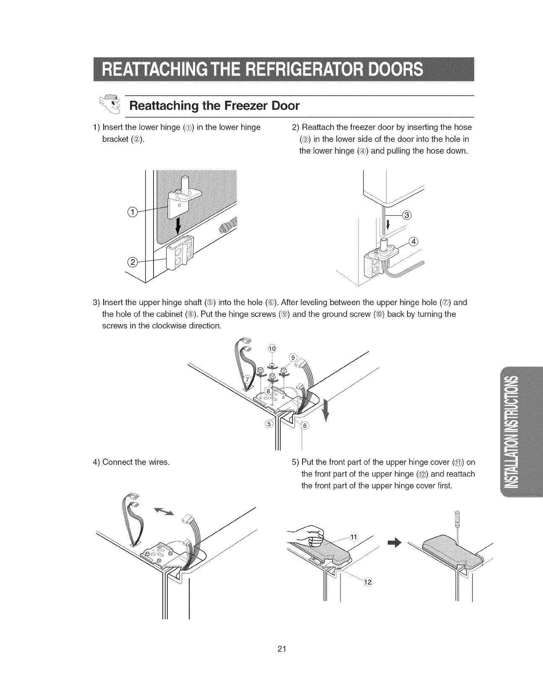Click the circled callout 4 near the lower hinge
click(414, 241)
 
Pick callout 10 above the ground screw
click(272, 349)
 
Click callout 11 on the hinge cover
click(354, 537)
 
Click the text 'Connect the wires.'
click(131, 463)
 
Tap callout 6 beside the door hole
click(305, 426)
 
